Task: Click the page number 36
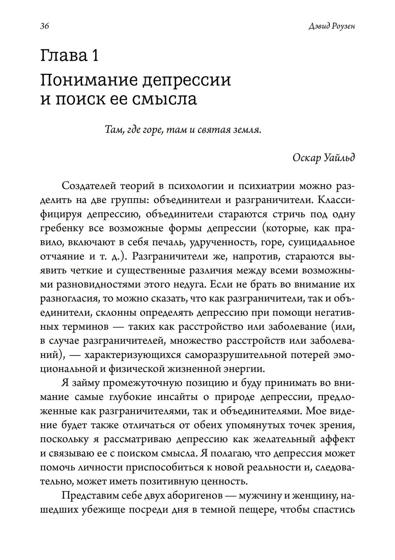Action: pos(44,26)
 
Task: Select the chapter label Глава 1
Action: pos(70,56)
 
